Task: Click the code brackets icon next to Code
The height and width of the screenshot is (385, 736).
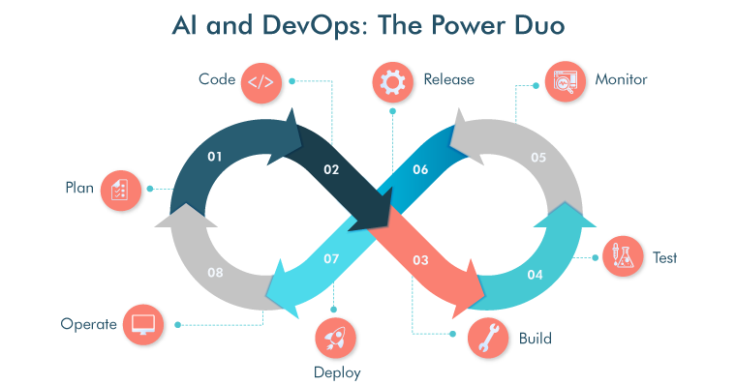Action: coord(261,81)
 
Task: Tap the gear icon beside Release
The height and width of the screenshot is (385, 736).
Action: coord(392,81)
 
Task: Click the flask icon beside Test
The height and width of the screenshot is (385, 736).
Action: coord(622,257)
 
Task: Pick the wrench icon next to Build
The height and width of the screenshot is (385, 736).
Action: coord(489,339)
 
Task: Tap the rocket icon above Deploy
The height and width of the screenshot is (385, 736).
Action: coord(335,338)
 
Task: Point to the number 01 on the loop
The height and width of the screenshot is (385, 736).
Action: coord(215,156)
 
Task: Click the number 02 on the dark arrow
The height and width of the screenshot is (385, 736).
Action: coord(331,169)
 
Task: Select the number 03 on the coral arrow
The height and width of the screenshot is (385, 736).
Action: coord(420,259)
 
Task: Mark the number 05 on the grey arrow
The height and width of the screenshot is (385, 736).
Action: coord(538,157)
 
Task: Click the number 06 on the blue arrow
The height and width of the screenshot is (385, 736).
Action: coord(420,169)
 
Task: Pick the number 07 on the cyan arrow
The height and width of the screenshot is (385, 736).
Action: coord(331,259)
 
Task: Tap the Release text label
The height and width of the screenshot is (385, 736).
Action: coord(448,79)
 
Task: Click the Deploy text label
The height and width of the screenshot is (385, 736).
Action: coord(334,371)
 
